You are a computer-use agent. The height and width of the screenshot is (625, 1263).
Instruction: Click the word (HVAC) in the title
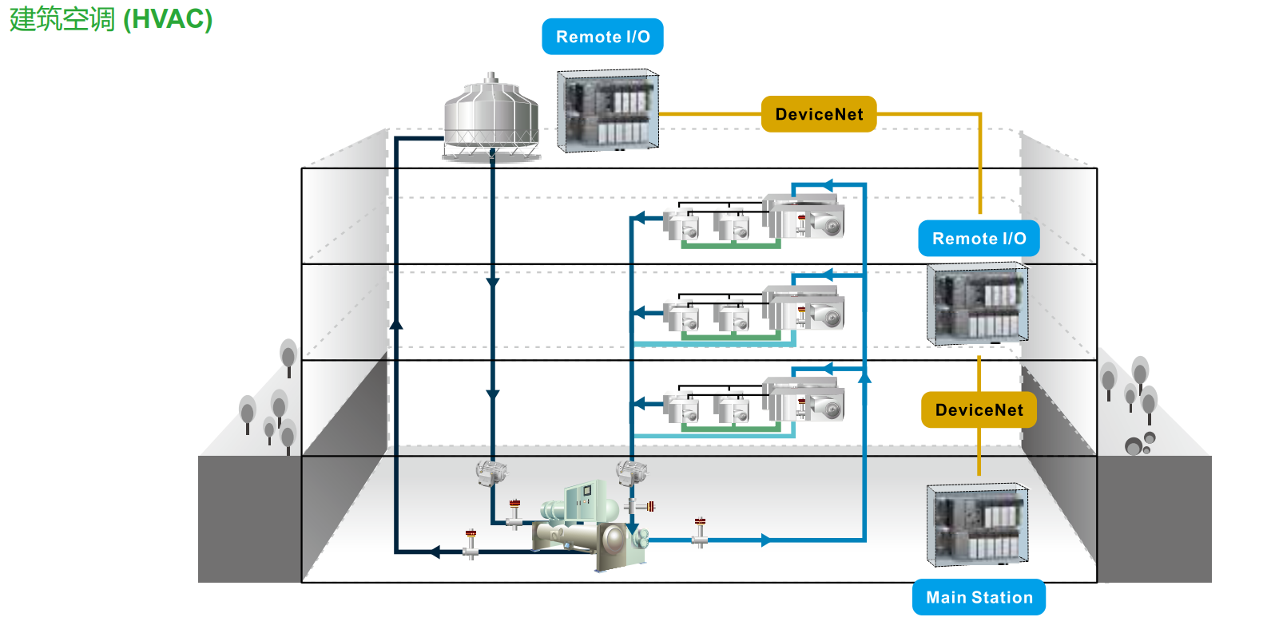(x=168, y=19)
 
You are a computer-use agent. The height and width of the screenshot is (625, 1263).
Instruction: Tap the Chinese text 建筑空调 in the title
(x=62, y=19)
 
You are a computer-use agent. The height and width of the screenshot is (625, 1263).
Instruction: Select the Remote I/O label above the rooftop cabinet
(x=602, y=37)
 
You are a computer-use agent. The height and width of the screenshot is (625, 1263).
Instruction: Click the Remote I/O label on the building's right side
(x=979, y=239)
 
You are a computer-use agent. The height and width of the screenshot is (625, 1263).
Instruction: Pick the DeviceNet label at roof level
(x=819, y=114)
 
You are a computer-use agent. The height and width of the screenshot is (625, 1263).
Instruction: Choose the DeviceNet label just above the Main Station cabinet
(x=979, y=410)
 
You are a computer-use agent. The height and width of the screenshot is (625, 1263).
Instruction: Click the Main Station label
(x=979, y=597)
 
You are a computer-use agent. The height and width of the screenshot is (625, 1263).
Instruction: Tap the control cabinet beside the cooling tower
(x=608, y=111)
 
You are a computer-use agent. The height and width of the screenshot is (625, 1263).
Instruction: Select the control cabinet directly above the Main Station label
(x=977, y=524)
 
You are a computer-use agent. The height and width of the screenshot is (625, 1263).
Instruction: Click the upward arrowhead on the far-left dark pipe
(x=395, y=323)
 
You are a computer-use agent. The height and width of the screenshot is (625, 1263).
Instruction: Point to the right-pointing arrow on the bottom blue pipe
(x=766, y=540)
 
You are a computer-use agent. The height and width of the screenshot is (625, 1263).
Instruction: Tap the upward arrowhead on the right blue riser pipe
(x=864, y=377)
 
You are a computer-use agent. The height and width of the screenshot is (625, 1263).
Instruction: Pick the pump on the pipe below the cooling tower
(x=491, y=473)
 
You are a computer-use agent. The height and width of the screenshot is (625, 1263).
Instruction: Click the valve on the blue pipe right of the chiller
(x=700, y=532)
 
